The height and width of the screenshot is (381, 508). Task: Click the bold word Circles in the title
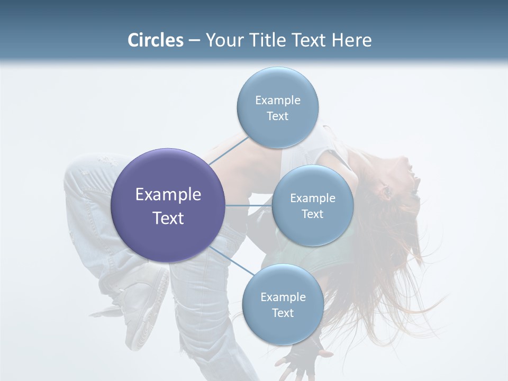point(156,40)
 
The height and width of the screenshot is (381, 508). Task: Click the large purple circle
point(168,205)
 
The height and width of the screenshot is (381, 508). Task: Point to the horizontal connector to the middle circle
point(249,205)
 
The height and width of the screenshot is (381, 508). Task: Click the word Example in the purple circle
point(168,195)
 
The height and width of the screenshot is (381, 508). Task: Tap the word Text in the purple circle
point(168,218)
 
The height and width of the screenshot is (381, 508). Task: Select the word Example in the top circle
point(277,101)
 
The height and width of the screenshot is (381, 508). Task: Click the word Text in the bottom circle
point(283,313)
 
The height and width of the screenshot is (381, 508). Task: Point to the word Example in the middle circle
point(312,198)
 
